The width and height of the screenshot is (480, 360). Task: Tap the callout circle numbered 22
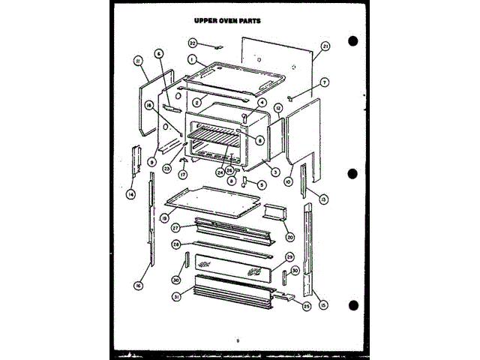tap(193, 43)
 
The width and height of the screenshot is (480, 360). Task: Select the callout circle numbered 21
tap(325, 46)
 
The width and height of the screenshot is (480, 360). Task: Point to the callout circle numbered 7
tap(325, 82)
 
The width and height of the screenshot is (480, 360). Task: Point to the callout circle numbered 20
tap(290, 237)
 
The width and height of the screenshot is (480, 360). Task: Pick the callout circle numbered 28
tap(175, 244)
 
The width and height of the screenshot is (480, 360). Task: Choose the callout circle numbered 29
tap(289, 257)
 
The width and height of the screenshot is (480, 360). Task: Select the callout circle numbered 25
tap(306, 307)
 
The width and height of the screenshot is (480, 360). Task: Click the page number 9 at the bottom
tap(237, 342)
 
